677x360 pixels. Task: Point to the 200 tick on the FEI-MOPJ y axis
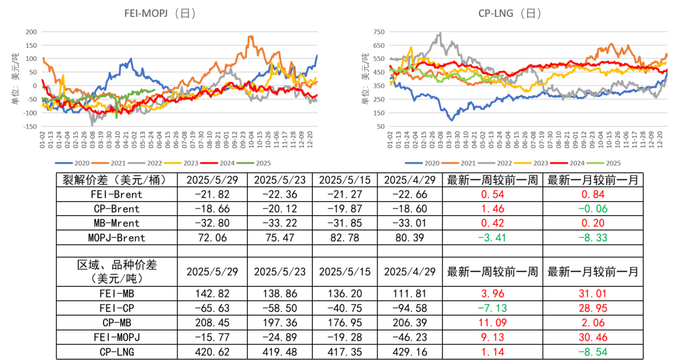[x=30, y=31]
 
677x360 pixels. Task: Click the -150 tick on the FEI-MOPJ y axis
[x=29, y=127]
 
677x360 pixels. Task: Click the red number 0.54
[x=493, y=194]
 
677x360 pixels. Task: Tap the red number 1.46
[x=493, y=209]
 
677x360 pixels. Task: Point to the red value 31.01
[x=592, y=294]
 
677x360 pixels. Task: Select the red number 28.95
[x=592, y=308]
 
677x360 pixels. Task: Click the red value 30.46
[x=592, y=337]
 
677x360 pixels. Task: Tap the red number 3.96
[x=493, y=294]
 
